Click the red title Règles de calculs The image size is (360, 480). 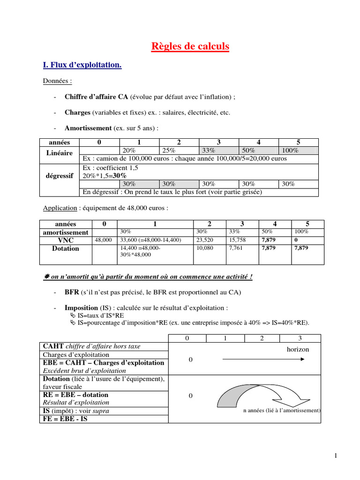pos(190,46)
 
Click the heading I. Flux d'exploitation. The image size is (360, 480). pos(82,65)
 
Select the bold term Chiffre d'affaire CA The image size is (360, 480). pos(96,97)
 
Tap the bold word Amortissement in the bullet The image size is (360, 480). pos(88,128)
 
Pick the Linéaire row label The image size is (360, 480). pos(60,153)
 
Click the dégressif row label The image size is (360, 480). pos(60,176)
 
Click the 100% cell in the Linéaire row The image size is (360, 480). pos(290,150)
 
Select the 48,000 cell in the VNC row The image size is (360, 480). pos(103,240)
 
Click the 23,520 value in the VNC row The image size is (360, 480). pos(204,240)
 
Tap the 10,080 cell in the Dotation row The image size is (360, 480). pos(204,248)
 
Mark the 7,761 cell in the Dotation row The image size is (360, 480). pos(236,248)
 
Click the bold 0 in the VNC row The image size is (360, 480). pos(296,240)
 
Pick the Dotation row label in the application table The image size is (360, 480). pos(66,248)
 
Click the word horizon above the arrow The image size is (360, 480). pos(298,350)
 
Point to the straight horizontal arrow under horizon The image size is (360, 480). pos(262,360)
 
